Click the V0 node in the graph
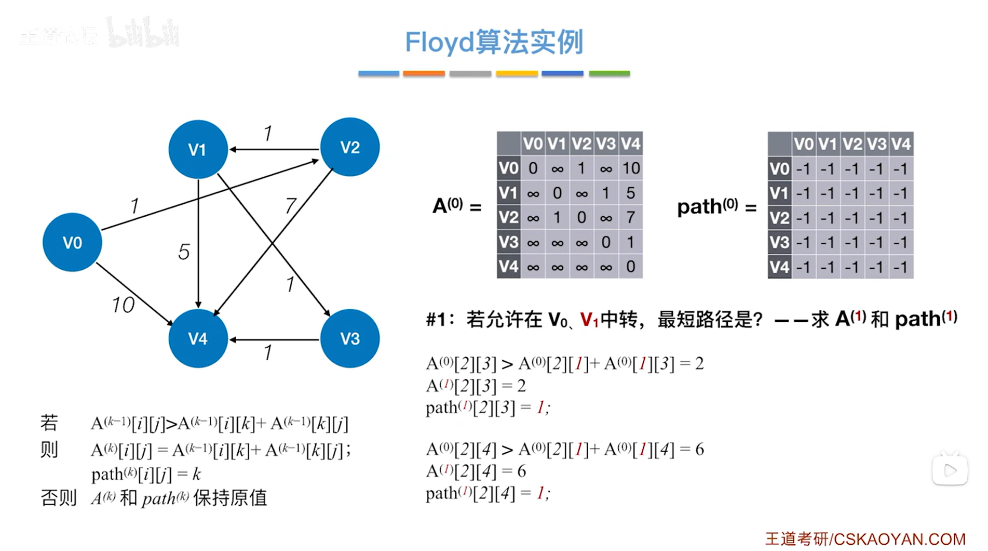[72, 242]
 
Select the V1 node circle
[198, 150]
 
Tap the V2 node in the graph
[350, 148]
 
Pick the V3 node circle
[350, 339]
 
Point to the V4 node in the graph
[198, 339]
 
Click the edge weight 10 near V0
[123, 305]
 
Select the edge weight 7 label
[290, 206]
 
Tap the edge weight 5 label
[184, 252]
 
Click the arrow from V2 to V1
[274, 150]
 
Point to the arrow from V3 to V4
[274, 340]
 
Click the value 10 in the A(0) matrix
[631, 168]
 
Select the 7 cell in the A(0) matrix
[631, 217]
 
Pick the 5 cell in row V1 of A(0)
[631, 193]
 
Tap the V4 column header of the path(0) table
[901, 144]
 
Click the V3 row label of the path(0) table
[779, 243]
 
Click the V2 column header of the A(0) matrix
[581, 144]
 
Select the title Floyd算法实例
[494, 42]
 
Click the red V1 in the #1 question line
[589, 320]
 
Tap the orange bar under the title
[424, 74]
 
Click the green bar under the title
[610, 74]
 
